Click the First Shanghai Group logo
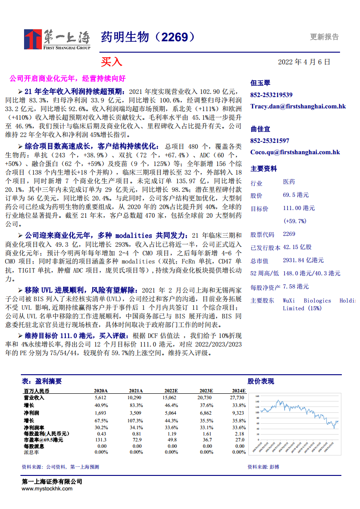tap(57, 39)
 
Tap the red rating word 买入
tap(111, 62)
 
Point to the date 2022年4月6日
tap(304, 62)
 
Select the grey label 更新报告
tap(324, 37)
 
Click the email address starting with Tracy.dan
tap(298, 106)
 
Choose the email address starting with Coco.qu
tap(295, 152)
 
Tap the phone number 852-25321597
tap(270, 141)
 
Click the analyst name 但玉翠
tap(260, 83)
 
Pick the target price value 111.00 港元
tap(299, 208)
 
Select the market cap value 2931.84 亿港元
tap(303, 260)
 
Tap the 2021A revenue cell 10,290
tap(135, 397)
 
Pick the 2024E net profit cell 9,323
tap(238, 413)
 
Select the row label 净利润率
tap(34, 427)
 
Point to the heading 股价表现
tap(261, 382)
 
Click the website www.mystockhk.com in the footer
tap(47, 489)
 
